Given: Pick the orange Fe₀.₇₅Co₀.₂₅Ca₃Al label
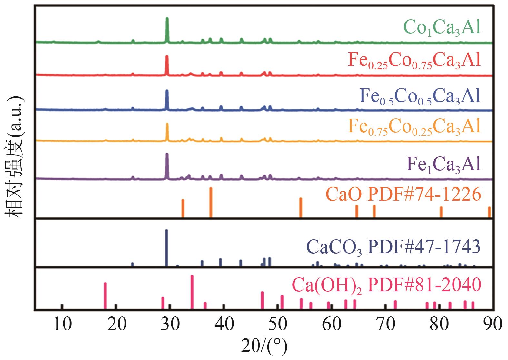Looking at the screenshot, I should pyautogui.click(x=414, y=127).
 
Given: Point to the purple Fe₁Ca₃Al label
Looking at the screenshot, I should pyautogui.click(x=444, y=165).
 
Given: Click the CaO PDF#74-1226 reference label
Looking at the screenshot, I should pyautogui.click(x=403, y=195).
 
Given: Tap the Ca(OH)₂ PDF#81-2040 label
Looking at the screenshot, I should pyautogui.click(x=386, y=285).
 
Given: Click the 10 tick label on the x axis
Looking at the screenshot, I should pyautogui.click(x=62, y=324).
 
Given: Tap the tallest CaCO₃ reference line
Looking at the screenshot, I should pyautogui.click(x=166, y=247).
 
